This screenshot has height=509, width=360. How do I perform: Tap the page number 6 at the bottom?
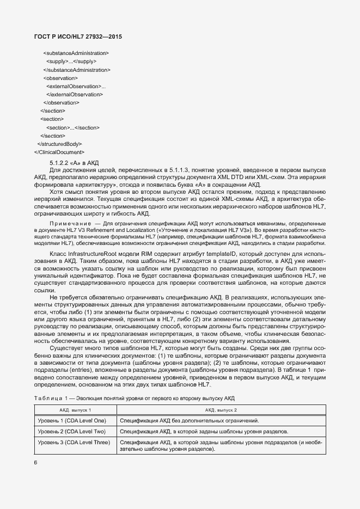point(36,463)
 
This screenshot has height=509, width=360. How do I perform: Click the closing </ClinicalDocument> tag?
point(59,152)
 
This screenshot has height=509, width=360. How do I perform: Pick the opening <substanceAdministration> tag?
point(76,53)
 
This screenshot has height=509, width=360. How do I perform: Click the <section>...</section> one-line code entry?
point(72,127)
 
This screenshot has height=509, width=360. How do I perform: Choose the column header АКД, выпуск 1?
point(75,409)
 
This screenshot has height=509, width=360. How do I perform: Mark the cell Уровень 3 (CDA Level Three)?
point(73,442)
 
